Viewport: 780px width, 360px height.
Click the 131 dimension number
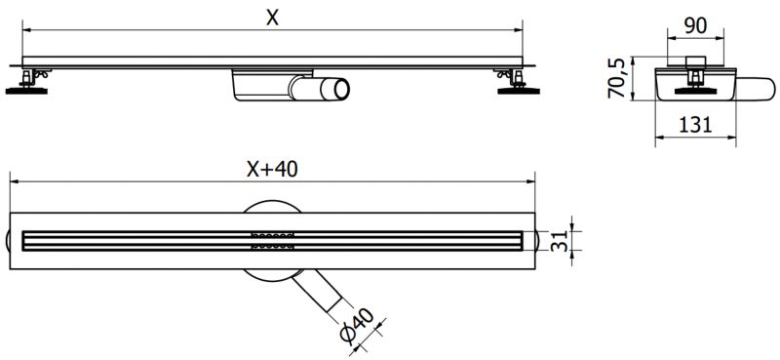coord(693,124)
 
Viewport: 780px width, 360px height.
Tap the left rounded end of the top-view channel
coord(14,240)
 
